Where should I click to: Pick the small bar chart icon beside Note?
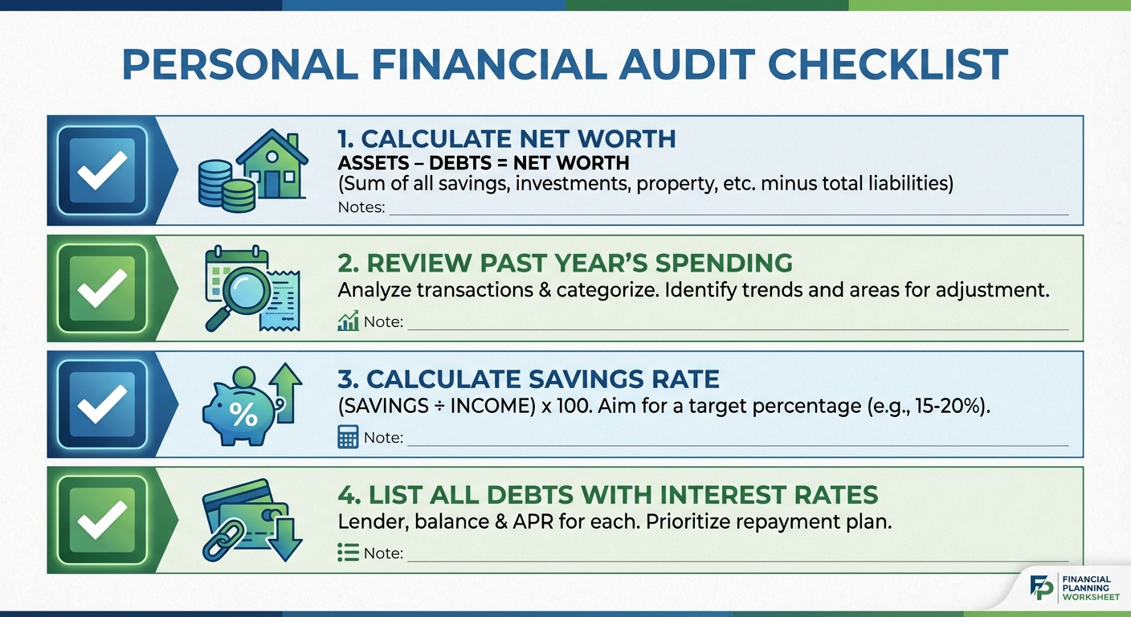click(x=348, y=322)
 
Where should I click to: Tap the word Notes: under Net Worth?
click(x=361, y=207)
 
